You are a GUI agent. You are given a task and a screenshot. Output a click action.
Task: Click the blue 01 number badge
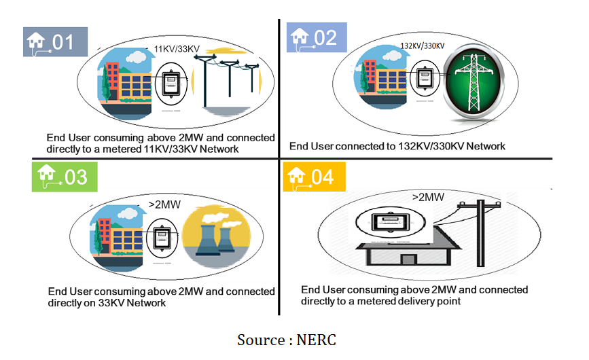[x=56, y=41]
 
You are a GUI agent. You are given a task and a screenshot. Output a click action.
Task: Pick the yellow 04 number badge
[x=315, y=177]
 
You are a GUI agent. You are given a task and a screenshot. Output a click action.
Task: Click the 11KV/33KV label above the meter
[x=177, y=50]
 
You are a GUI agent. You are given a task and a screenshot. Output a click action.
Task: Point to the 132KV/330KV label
[x=423, y=46]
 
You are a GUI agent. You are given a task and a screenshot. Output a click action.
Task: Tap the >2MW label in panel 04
[x=428, y=198]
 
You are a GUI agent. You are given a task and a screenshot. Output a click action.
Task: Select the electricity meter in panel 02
[x=425, y=77]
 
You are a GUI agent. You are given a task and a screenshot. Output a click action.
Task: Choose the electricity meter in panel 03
[x=162, y=237]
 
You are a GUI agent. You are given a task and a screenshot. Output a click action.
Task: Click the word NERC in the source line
[x=316, y=340]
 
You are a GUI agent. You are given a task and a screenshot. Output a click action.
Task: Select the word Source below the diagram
[x=261, y=340]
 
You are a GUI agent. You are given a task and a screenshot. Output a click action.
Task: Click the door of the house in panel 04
[x=408, y=259]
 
